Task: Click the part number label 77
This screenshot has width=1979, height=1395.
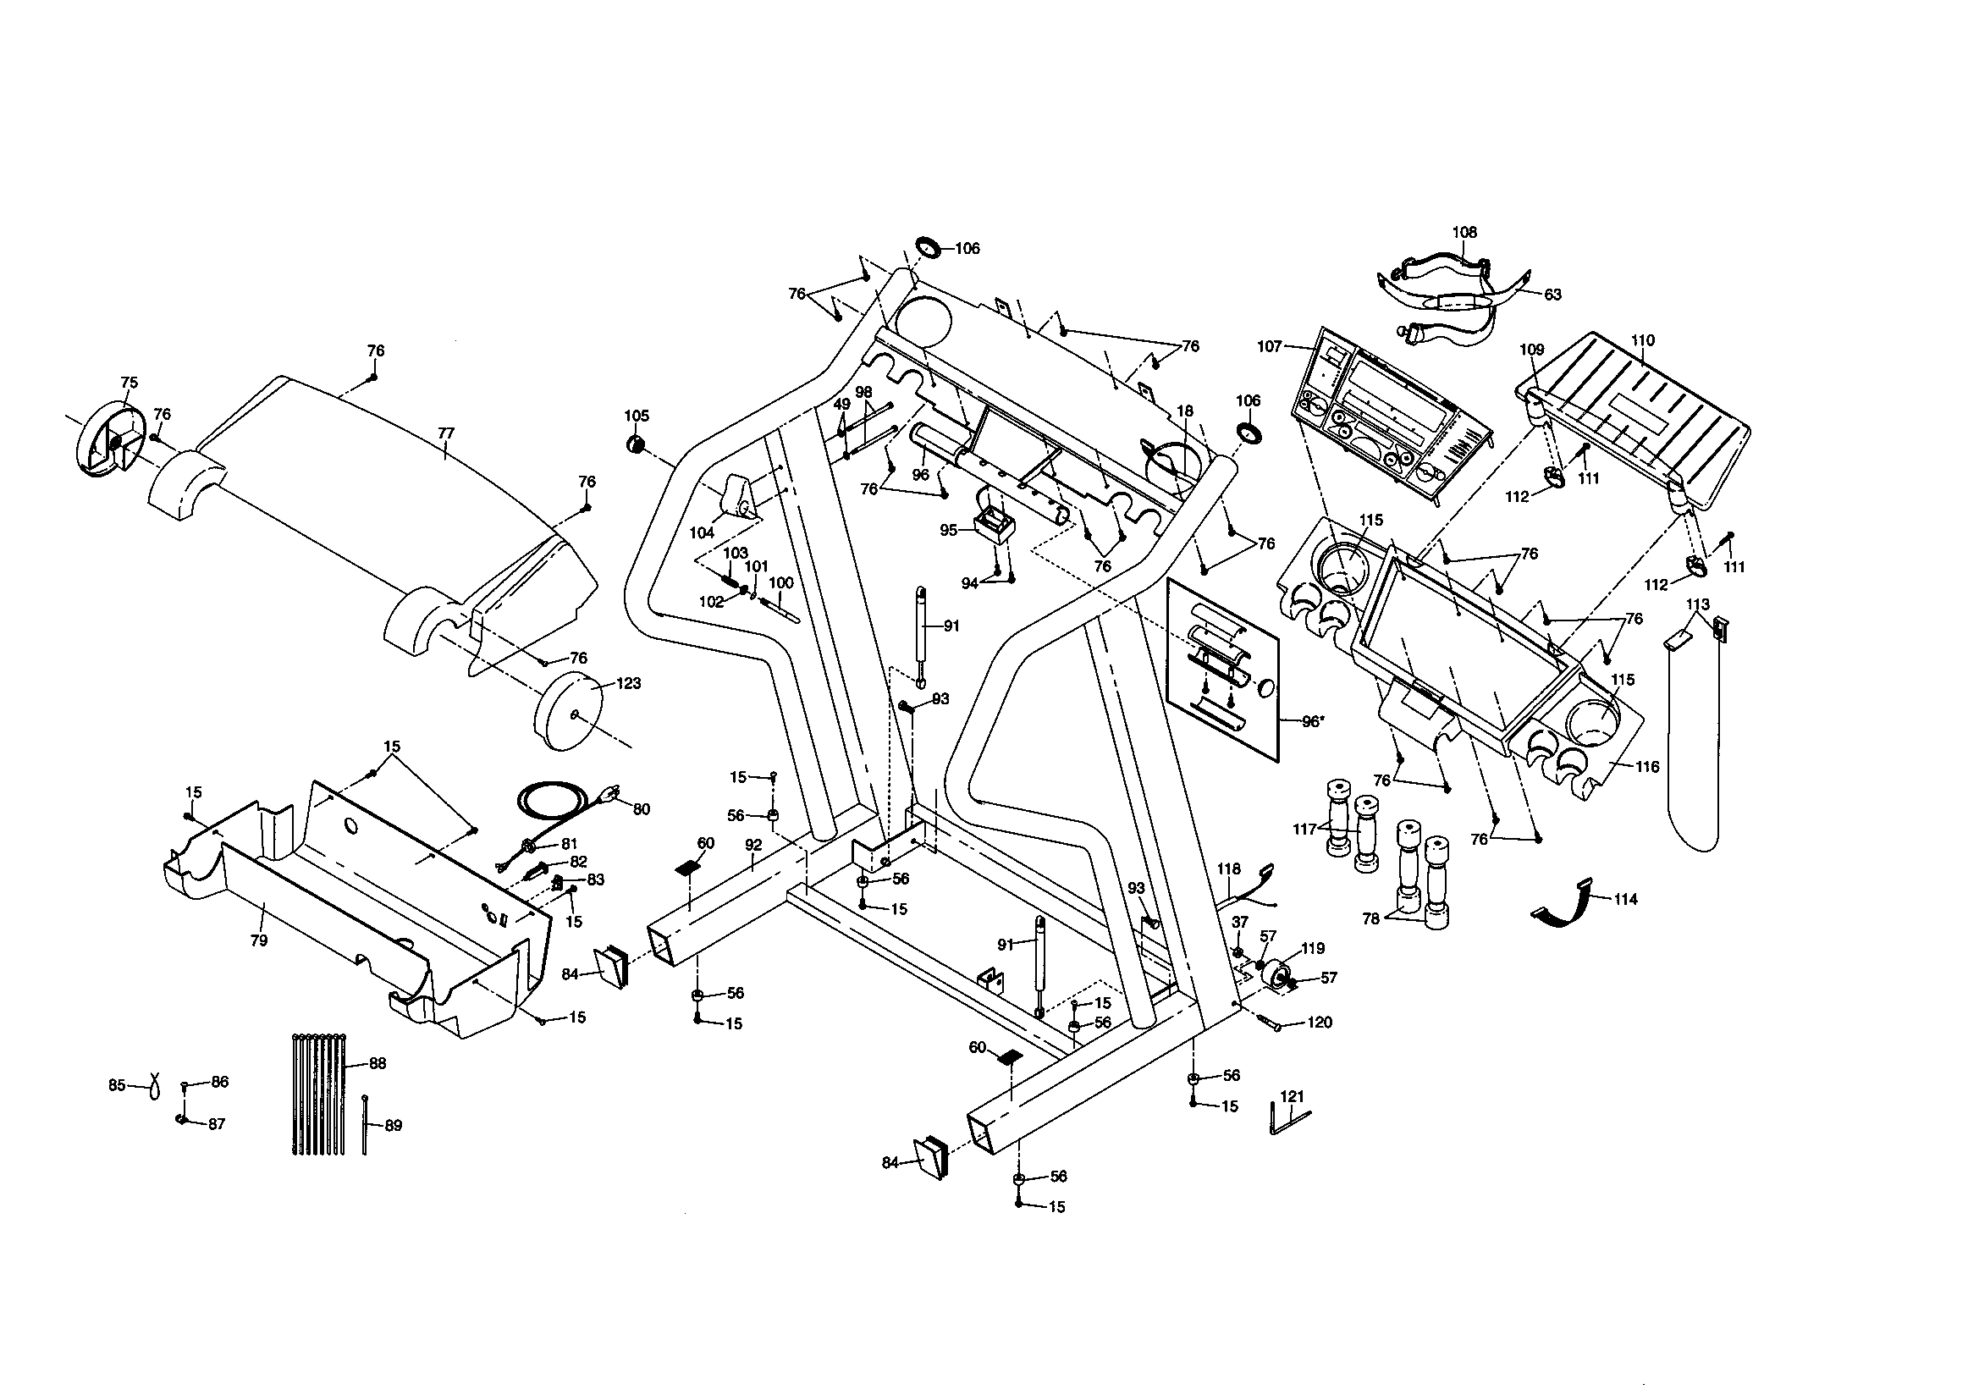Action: point(445,433)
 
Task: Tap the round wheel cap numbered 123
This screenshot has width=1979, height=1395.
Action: point(568,714)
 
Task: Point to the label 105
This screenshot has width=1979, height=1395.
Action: point(637,416)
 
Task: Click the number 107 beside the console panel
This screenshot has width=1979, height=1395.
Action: point(1270,346)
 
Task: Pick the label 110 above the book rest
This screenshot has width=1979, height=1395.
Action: point(1643,340)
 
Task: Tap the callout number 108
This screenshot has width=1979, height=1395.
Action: point(1464,232)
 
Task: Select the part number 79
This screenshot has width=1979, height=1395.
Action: point(258,940)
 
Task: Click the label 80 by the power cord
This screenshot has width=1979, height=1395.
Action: point(642,808)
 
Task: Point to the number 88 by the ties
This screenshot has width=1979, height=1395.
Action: point(378,1063)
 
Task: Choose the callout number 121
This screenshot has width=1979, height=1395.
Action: point(1292,1096)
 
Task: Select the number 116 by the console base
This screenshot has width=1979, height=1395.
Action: point(1646,766)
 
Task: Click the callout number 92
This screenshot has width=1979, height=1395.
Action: point(753,845)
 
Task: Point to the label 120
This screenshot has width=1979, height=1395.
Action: point(1320,1023)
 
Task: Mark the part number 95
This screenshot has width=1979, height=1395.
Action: point(949,530)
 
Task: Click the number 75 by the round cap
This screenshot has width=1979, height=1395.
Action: point(129,382)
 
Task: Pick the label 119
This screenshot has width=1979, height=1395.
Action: point(1312,948)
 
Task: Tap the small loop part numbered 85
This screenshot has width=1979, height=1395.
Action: point(154,1085)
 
